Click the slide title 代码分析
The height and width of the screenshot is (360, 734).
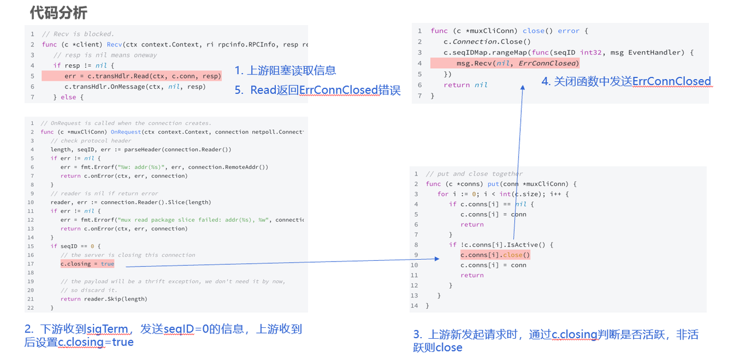coord(58,13)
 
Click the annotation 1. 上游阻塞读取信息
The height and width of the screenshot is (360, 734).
coord(285,71)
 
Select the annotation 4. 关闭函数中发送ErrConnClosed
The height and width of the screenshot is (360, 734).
coord(626,81)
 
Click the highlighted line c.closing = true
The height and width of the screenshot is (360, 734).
coord(87,264)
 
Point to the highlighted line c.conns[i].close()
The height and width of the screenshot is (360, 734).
coord(495,255)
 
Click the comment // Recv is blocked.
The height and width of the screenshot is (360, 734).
coord(78,34)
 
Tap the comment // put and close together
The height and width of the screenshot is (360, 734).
coord(474,174)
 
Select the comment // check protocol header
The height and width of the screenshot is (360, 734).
coord(91,140)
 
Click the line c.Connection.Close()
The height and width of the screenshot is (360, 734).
coord(487,41)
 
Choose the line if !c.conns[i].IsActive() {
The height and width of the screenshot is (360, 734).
coord(501,245)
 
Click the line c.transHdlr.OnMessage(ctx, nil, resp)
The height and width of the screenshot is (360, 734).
coord(135,87)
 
